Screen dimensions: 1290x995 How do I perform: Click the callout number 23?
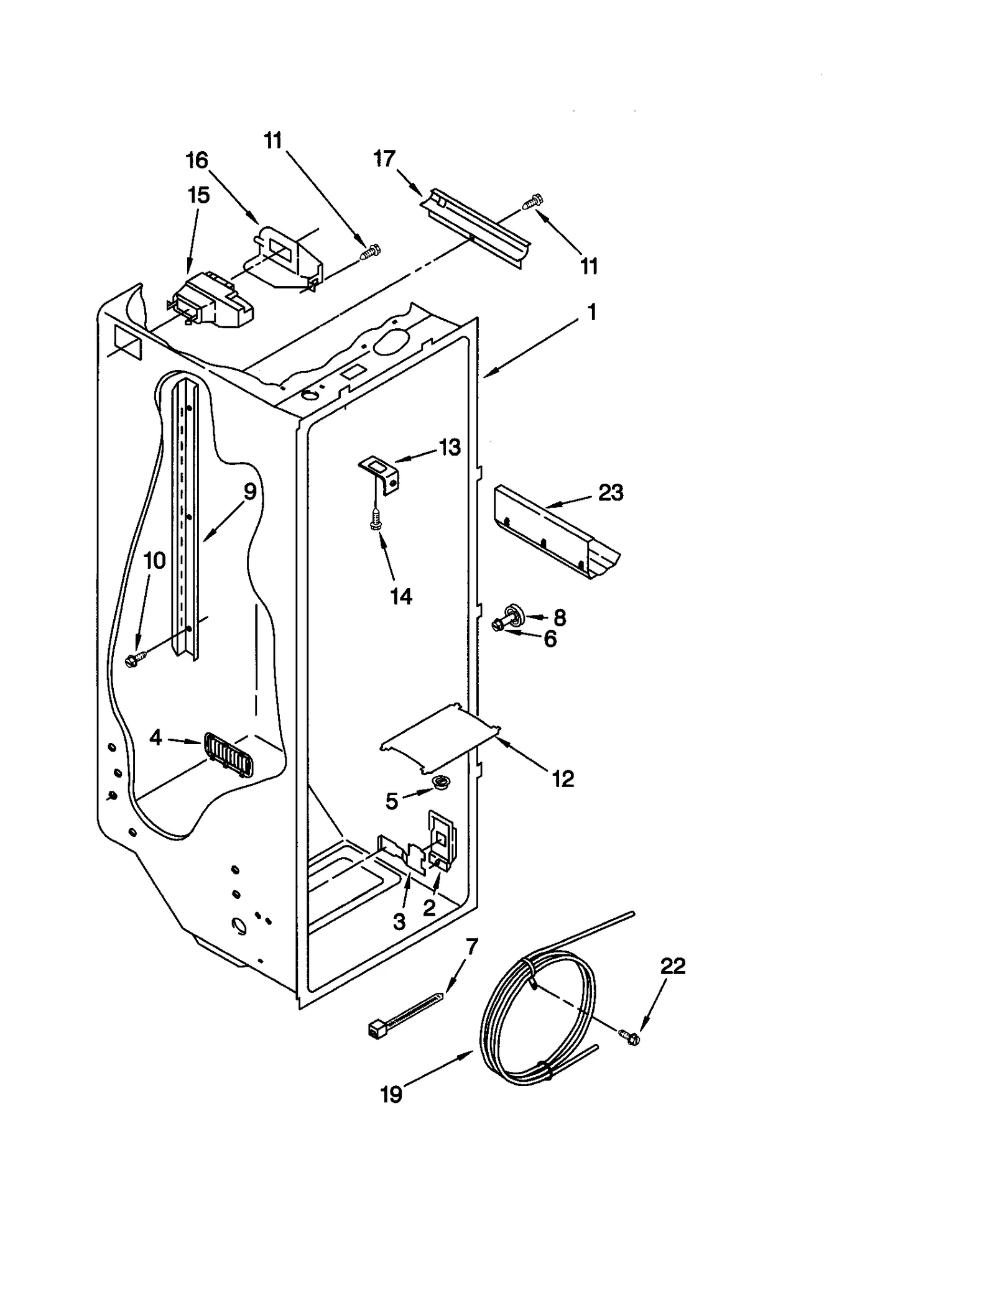610,492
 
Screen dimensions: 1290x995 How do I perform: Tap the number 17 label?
384,159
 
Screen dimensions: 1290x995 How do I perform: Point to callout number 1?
591,311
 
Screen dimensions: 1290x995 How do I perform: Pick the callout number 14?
401,596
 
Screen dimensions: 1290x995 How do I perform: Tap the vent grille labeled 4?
228,753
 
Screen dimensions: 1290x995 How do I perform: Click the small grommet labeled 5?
442,783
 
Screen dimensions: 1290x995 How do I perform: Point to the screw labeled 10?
134,658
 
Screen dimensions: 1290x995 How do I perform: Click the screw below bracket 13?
374,520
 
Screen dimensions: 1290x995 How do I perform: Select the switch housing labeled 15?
211,302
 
